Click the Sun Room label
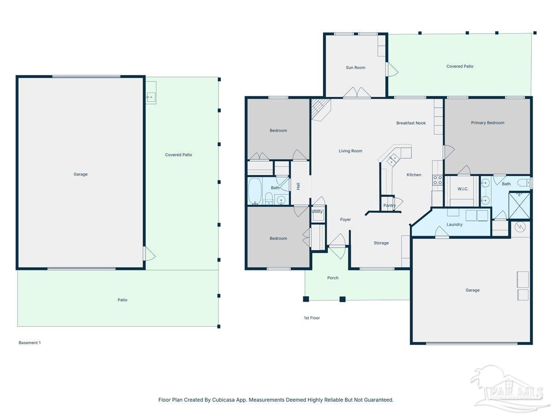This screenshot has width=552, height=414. point(355,67)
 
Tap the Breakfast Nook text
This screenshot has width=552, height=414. point(411,123)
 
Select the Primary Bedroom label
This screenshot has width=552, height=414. point(487,123)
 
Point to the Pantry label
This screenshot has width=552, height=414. point(389,205)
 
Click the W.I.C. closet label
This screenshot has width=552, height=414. point(463,189)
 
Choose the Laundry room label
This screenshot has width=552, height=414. point(454,224)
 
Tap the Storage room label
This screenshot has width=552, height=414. point(381,243)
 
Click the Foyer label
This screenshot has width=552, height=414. point(345,219)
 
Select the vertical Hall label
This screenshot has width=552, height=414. point(298,186)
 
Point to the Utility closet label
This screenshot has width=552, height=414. point(317,212)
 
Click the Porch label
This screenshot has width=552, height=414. point(333,278)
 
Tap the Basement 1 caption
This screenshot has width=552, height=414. point(29,343)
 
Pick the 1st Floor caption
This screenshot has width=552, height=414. point(311,318)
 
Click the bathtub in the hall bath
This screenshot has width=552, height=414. point(255,191)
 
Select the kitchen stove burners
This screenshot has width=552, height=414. point(437,180)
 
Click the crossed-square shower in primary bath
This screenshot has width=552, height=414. point(519,205)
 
